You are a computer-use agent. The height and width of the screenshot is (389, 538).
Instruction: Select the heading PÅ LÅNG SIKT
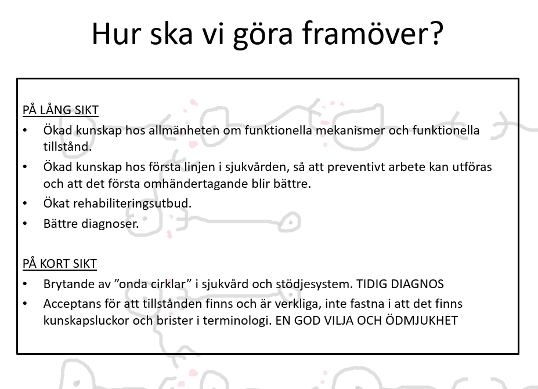pos(61,110)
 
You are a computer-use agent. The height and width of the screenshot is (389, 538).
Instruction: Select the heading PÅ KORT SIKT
pos(60,264)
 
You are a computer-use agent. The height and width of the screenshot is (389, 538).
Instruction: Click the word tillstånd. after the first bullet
pos(67,147)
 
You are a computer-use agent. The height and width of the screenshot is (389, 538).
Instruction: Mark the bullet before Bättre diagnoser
pos(25,224)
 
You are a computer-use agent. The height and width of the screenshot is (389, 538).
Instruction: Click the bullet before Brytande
pos(25,284)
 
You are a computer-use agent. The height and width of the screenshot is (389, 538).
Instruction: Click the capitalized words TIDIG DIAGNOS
pos(400,284)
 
